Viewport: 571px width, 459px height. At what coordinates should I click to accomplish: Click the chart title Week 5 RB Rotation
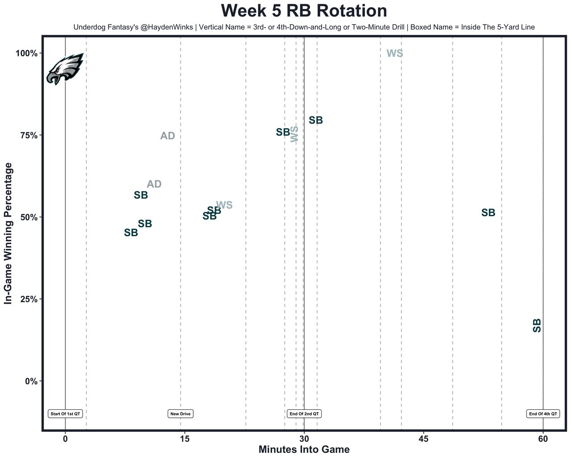304,11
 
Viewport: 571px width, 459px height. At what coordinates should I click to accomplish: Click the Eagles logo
65,69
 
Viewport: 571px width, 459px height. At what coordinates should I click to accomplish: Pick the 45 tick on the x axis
423,439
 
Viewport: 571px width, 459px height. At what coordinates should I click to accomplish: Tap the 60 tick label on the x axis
543,439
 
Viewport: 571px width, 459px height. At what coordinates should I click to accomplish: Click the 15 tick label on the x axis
184,439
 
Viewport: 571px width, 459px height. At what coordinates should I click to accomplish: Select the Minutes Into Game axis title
304,450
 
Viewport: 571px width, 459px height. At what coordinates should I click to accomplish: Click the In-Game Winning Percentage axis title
8,234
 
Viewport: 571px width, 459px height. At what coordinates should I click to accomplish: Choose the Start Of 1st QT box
66,414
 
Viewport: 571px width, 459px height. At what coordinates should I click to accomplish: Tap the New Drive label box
181,414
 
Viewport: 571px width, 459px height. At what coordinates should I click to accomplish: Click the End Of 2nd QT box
304,414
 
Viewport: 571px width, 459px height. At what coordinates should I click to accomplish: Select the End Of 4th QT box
543,414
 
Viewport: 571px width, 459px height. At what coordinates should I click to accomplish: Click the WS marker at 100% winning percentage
395,54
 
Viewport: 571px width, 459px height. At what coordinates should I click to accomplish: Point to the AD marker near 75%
168,136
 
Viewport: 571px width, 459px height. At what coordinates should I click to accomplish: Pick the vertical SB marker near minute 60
537,325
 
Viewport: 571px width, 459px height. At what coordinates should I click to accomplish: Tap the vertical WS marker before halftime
294,134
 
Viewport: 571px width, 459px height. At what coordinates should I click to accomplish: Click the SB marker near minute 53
488,213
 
